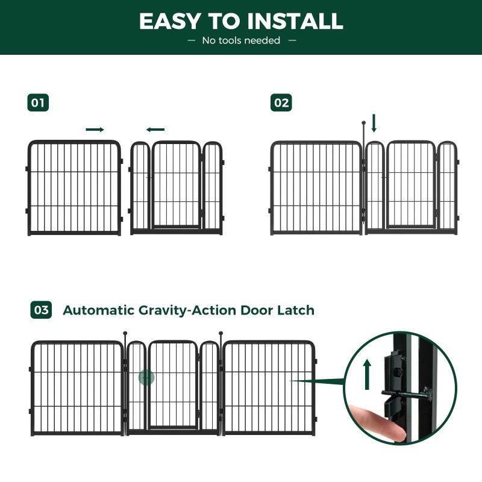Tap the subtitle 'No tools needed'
(x=241, y=40)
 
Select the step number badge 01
(x=38, y=102)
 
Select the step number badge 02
(x=281, y=102)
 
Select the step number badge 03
(x=41, y=310)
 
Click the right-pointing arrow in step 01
(x=95, y=130)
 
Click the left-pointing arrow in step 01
(x=155, y=130)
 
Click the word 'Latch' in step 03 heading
(x=295, y=311)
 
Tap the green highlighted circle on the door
(x=146, y=378)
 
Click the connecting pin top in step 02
(x=363, y=123)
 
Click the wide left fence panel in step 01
(x=74, y=187)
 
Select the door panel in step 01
(x=176, y=186)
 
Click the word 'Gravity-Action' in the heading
(x=189, y=311)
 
